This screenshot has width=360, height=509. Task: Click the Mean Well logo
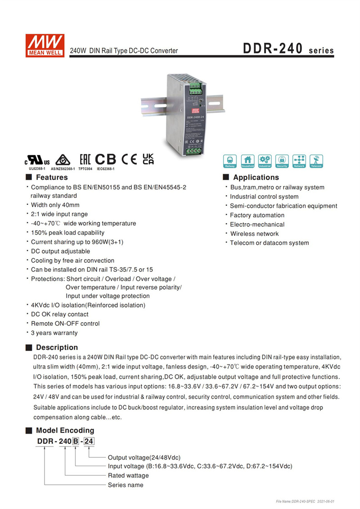click(45, 44)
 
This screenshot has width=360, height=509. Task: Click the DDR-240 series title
click(288, 49)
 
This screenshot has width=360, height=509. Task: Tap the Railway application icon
click(230, 161)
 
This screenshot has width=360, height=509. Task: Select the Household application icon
click(247, 161)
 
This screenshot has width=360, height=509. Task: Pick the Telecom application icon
click(316, 161)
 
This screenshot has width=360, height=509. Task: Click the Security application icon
click(282, 161)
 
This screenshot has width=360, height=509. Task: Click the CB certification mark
click(105, 159)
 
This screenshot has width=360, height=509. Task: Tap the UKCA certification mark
click(148, 158)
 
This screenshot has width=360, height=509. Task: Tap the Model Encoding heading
click(65, 430)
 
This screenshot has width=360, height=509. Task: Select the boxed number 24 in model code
click(89, 441)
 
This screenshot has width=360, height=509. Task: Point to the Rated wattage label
click(128, 475)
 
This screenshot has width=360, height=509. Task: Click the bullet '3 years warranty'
click(54, 333)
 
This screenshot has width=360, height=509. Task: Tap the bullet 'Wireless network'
click(254, 234)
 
